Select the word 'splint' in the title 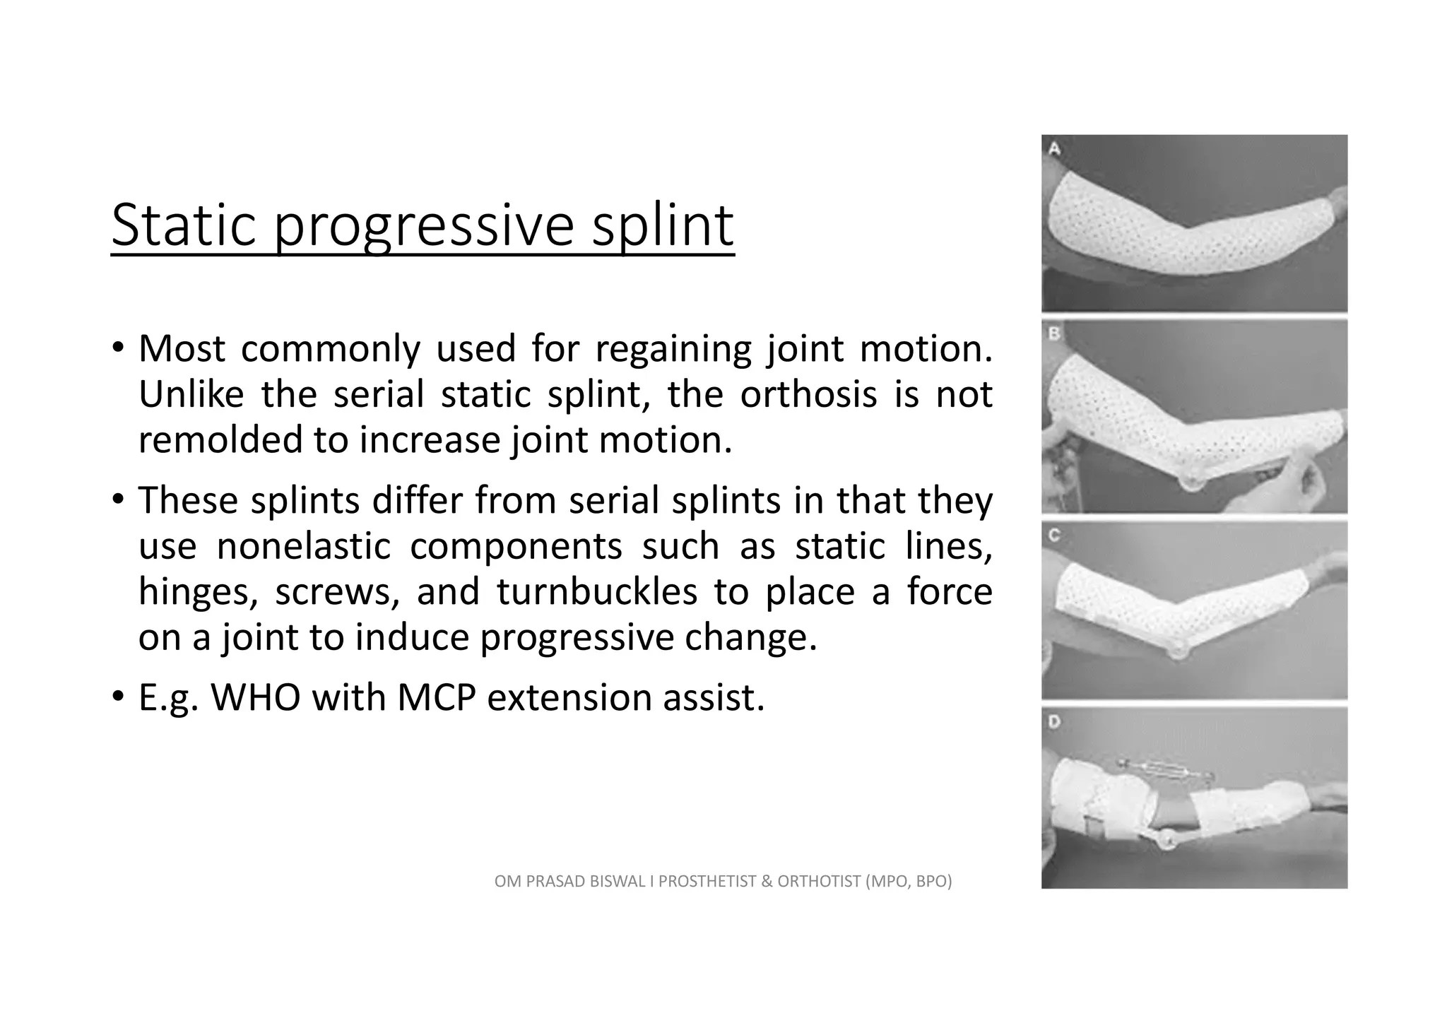pos(663,226)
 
